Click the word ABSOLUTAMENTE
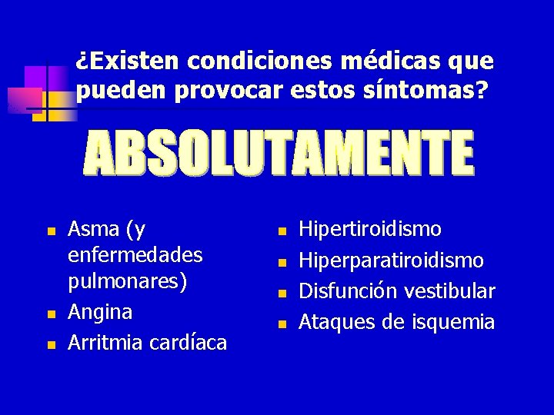tap(279, 152)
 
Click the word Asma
tap(94, 228)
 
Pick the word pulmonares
tap(127, 281)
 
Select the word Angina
tap(100, 312)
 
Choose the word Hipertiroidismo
tap(370, 228)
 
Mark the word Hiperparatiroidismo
tap(391, 260)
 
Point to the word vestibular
tap(450, 291)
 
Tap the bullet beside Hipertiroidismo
tap(281, 231)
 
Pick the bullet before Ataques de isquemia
tap(281, 324)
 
